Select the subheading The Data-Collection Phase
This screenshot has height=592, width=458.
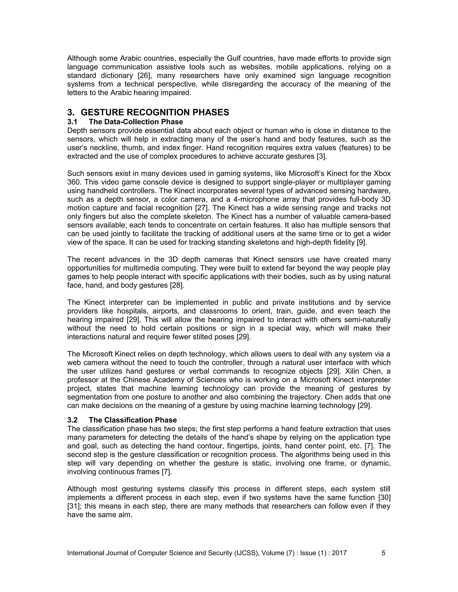136,122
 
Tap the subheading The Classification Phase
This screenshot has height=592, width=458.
132,420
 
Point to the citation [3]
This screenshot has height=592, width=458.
322,156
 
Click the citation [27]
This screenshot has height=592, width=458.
201,208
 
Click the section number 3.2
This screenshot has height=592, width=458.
72,420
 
